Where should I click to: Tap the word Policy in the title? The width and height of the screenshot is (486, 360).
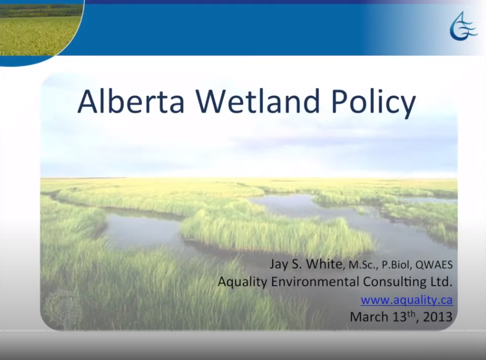pos(371,103)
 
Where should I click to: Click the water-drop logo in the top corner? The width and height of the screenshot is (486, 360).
pos(462,27)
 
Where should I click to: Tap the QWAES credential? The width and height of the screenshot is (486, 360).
pos(434,265)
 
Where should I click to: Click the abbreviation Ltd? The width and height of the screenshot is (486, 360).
pos(443,281)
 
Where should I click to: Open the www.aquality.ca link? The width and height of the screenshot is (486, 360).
pos(406,300)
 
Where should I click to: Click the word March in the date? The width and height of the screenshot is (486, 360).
pos(369,317)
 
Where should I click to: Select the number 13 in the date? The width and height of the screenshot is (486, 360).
pos(398,317)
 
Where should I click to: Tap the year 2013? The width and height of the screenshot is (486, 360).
pos(437,317)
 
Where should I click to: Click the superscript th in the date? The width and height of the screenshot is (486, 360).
pos(411,313)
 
